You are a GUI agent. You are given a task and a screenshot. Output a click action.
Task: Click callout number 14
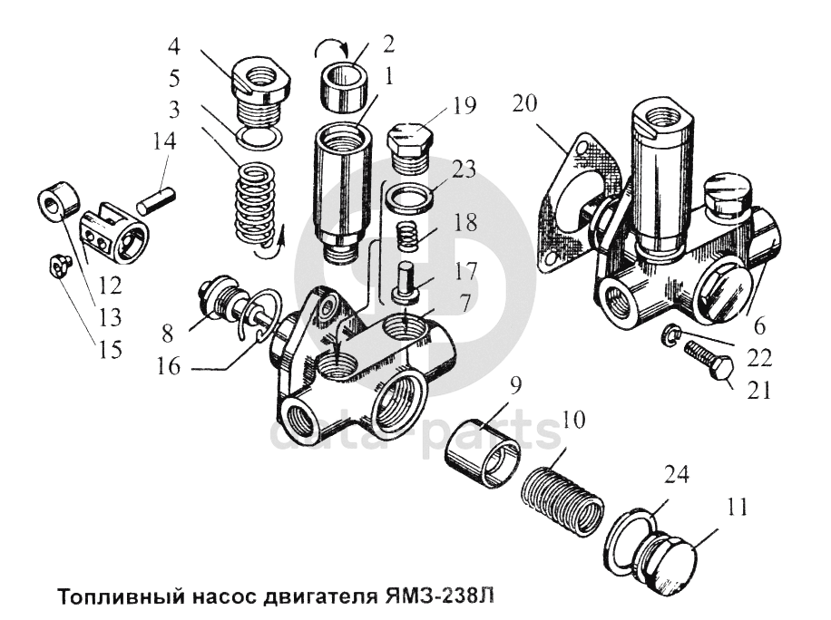(165, 142)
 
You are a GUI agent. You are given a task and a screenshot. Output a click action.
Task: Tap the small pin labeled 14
(156, 199)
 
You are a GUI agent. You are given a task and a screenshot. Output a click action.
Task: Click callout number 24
(676, 474)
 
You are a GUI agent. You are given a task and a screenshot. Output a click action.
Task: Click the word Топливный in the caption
(119, 598)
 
